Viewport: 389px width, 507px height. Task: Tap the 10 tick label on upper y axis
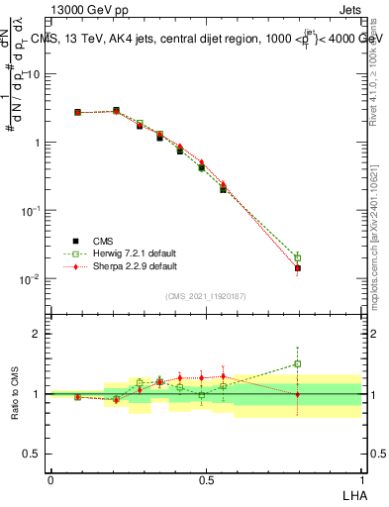point(34,74)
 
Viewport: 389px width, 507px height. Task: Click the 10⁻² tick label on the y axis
point(32,279)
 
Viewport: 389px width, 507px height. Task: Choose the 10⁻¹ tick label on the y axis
point(32,211)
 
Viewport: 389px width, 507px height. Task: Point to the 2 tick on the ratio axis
point(37,335)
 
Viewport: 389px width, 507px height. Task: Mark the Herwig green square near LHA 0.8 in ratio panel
point(298,364)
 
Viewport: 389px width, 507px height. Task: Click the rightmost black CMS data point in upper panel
point(298,268)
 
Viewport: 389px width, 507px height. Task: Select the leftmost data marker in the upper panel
point(77,112)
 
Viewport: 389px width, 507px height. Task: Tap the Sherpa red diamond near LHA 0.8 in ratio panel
point(298,394)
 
